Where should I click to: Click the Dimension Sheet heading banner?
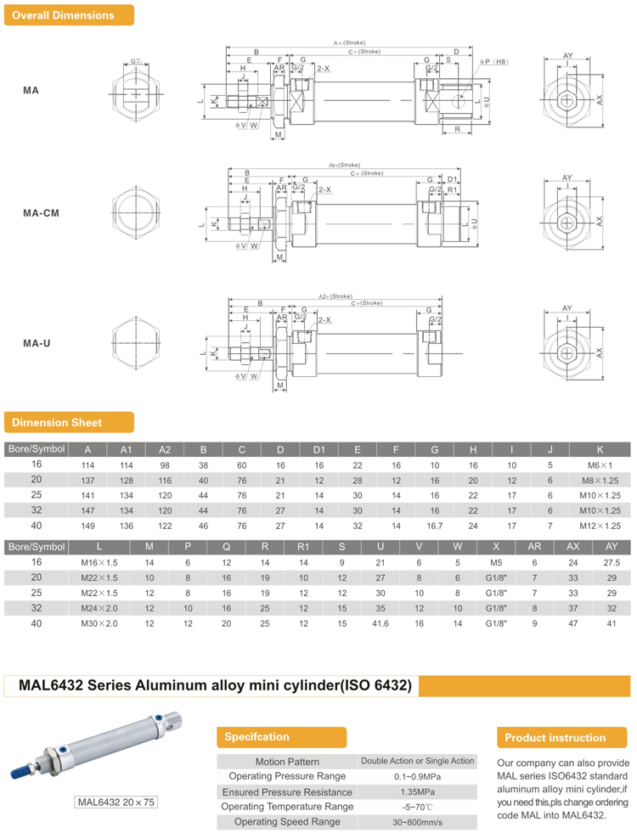(x=69, y=422)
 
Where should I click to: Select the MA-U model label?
(x=37, y=343)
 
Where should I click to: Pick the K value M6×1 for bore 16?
(x=600, y=464)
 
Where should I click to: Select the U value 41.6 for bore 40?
(x=381, y=622)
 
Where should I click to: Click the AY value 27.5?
(x=611, y=561)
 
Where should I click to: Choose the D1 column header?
(x=319, y=448)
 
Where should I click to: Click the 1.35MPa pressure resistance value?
(x=417, y=791)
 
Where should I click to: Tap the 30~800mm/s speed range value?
(x=417, y=821)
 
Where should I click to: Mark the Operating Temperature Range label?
(x=287, y=806)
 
